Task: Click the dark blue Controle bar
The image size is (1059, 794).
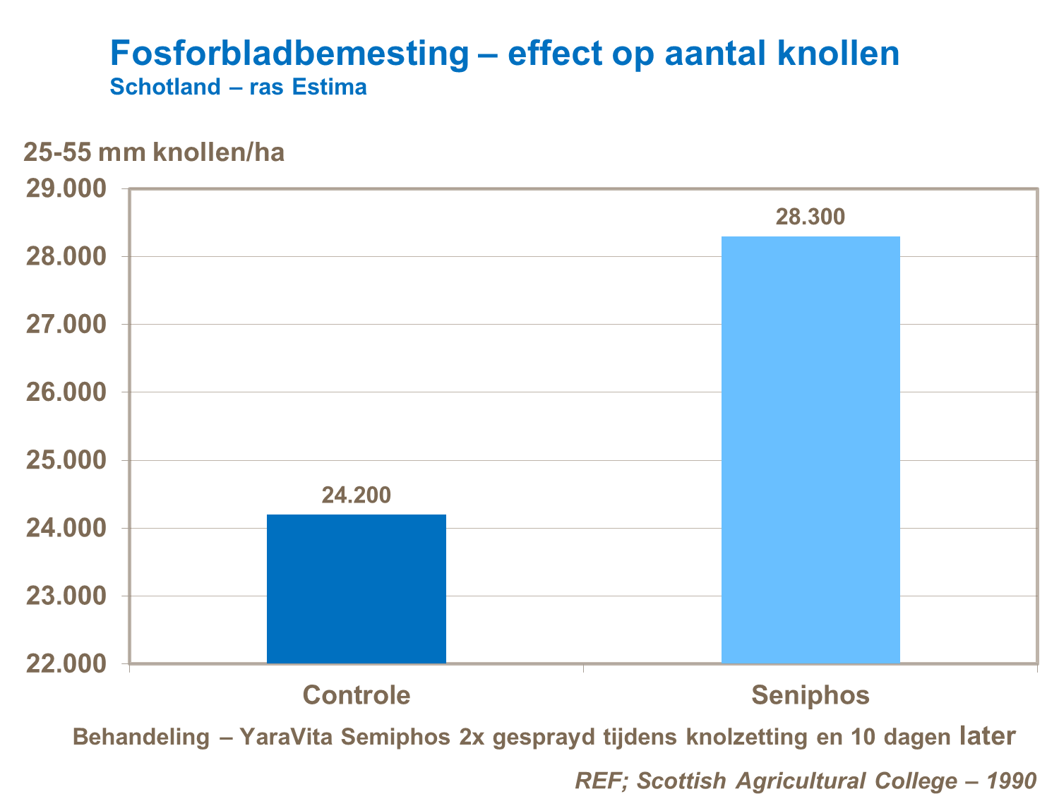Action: tap(356, 589)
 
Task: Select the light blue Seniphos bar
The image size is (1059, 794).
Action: tap(810, 450)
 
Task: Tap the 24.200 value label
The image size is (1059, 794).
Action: tap(356, 495)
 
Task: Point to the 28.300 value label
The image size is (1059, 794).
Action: tap(810, 217)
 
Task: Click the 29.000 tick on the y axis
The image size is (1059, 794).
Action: tap(66, 189)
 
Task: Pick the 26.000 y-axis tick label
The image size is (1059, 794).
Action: tap(66, 392)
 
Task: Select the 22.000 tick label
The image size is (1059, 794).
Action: tap(66, 664)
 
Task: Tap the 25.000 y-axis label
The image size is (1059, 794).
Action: tap(66, 460)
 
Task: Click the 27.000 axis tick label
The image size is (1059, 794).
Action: tap(66, 325)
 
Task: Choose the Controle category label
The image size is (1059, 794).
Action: tap(356, 695)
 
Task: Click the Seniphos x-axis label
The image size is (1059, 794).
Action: tap(810, 695)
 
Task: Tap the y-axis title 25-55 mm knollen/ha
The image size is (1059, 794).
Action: tap(154, 152)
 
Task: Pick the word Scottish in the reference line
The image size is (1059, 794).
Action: tap(681, 781)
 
